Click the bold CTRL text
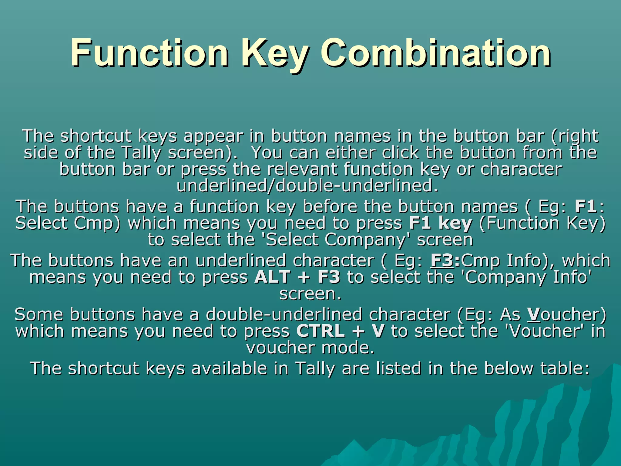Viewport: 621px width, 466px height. [x=321, y=331]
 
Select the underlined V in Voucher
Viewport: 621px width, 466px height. [x=534, y=314]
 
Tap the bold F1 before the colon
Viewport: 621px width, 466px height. [x=586, y=207]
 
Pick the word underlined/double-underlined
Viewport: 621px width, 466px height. [x=307, y=186]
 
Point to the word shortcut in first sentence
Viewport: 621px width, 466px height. [x=96, y=136]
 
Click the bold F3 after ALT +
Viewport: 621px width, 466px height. [x=329, y=277]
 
